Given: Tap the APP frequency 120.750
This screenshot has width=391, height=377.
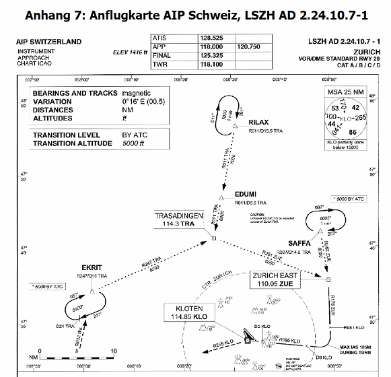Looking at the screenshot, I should (x=248, y=48).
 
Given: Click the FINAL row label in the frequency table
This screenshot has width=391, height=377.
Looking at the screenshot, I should (x=163, y=57).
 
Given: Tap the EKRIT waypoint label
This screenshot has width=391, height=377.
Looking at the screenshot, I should (x=91, y=267).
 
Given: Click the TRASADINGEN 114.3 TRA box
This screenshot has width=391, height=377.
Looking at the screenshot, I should (x=179, y=219).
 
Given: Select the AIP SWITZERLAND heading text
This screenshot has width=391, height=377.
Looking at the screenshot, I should (x=48, y=42).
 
